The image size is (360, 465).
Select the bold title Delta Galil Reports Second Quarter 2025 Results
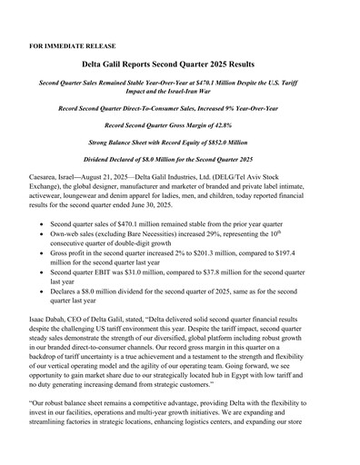point(180,65)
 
